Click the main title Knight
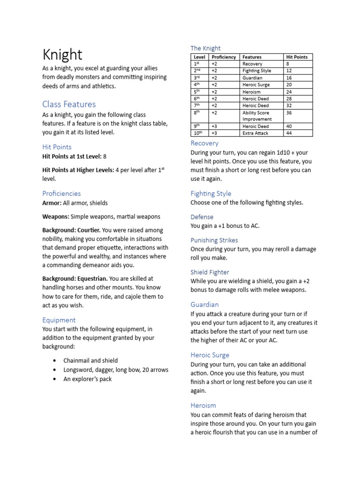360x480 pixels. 62,54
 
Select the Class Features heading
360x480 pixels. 69,104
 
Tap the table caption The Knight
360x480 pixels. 205,48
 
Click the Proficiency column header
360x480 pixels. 224,57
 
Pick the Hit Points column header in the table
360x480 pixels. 297,57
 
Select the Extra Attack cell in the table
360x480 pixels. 255,133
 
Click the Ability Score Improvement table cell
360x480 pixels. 256,116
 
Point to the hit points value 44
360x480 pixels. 289,133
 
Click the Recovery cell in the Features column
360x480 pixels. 252,64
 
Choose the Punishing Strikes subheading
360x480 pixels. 214,240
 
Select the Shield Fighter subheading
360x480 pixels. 210,272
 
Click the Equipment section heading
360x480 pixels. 59,320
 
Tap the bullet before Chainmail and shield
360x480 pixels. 55,360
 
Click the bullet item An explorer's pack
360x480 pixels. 88,379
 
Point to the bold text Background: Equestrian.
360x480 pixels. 75,278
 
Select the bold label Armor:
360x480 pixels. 52,203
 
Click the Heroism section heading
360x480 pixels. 203,405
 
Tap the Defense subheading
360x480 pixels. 202,217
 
